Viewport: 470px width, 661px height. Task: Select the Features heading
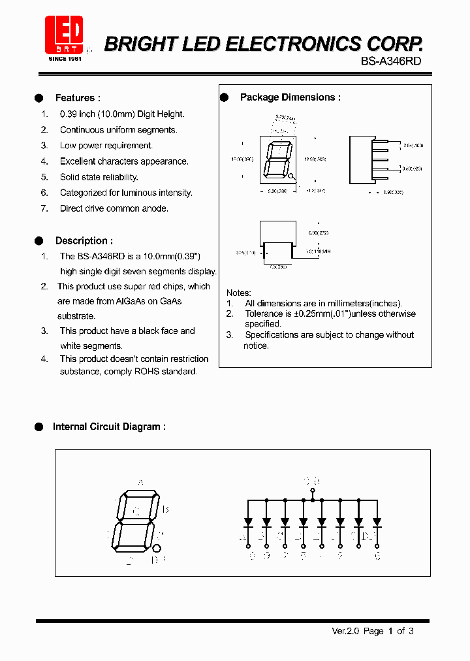tap(78, 98)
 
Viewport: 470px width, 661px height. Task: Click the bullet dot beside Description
tap(39, 240)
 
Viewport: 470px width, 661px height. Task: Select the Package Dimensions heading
tap(290, 97)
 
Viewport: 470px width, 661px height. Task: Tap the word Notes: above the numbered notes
tap(238, 293)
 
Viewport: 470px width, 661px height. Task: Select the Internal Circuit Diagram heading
tap(108, 427)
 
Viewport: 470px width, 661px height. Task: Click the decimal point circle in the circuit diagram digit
tap(157, 548)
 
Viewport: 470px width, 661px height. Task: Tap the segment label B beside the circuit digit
tap(166, 509)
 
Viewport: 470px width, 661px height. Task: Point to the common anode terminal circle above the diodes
tap(313, 490)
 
